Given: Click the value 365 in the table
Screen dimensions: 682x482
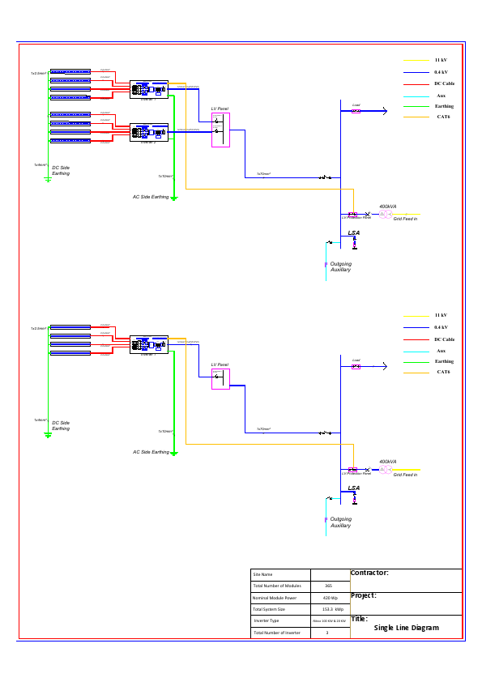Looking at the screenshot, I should (328, 585).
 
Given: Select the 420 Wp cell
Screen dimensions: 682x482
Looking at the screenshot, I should (328, 597).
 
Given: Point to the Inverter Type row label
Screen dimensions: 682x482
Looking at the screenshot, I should (267, 620).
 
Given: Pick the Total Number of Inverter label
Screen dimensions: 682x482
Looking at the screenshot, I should (276, 633).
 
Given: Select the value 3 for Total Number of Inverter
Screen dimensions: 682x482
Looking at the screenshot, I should (326, 633).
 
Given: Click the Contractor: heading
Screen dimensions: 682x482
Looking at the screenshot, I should (369, 573).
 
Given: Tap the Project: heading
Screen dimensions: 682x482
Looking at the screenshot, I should (363, 595).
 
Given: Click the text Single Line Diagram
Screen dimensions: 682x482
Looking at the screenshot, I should (406, 628).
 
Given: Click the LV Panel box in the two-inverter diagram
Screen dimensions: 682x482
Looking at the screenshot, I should (220, 130).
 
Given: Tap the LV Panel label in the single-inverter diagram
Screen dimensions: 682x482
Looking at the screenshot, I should (220, 364).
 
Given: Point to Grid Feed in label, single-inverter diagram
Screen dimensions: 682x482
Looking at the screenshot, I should (405, 475).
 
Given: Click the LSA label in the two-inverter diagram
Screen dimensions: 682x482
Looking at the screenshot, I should (353, 233).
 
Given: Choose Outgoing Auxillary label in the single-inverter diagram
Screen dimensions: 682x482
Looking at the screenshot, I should (340, 522).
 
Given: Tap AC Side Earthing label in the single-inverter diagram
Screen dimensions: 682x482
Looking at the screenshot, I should (151, 452).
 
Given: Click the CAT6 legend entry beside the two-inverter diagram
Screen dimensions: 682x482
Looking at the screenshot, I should (443, 117).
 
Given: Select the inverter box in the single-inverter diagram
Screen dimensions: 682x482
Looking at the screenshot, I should (148, 345).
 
